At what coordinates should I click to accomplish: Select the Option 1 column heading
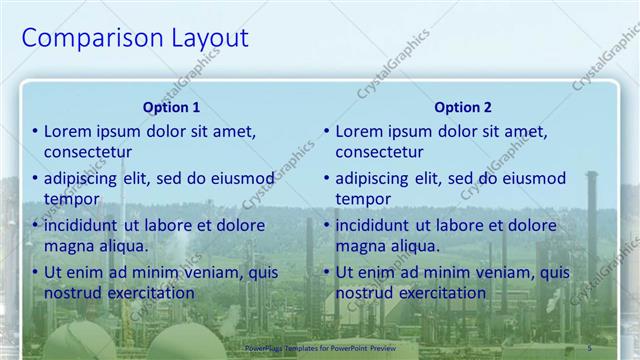click(x=171, y=107)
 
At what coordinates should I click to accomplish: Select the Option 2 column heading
click(x=463, y=107)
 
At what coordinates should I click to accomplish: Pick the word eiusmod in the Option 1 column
click(x=241, y=178)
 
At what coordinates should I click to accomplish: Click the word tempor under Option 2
click(x=363, y=199)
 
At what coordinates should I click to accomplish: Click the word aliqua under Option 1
click(x=124, y=246)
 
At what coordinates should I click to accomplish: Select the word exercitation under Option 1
click(x=148, y=293)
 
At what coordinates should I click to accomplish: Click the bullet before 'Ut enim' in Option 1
click(x=34, y=272)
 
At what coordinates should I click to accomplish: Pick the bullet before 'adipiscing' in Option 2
click(x=326, y=178)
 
